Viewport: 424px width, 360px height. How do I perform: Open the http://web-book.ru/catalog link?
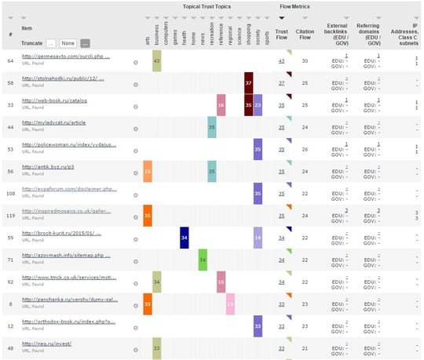pyautogui.click(x=54, y=101)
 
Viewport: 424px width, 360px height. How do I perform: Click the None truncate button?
pyautogui.click(x=69, y=42)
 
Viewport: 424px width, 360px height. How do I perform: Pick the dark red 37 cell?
pyautogui.click(x=248, y=82)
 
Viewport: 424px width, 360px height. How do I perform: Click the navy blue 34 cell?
pyautogui.click(x=184, y=237)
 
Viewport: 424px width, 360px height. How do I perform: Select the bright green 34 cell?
pyautogui.click(x=203, y=259)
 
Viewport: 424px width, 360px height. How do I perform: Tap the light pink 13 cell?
pyautogui.click(x=230, y=303)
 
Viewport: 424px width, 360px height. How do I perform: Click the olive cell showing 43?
pyautogui.click(x=156, y=60)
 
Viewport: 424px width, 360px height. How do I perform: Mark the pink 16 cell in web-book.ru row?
pyautogui.click(x=221, y=104)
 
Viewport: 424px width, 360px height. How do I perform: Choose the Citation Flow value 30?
pyautogui.click(x=305, y=60)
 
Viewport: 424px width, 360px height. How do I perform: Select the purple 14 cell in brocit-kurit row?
pyautogui.click(x=258, y=237)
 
